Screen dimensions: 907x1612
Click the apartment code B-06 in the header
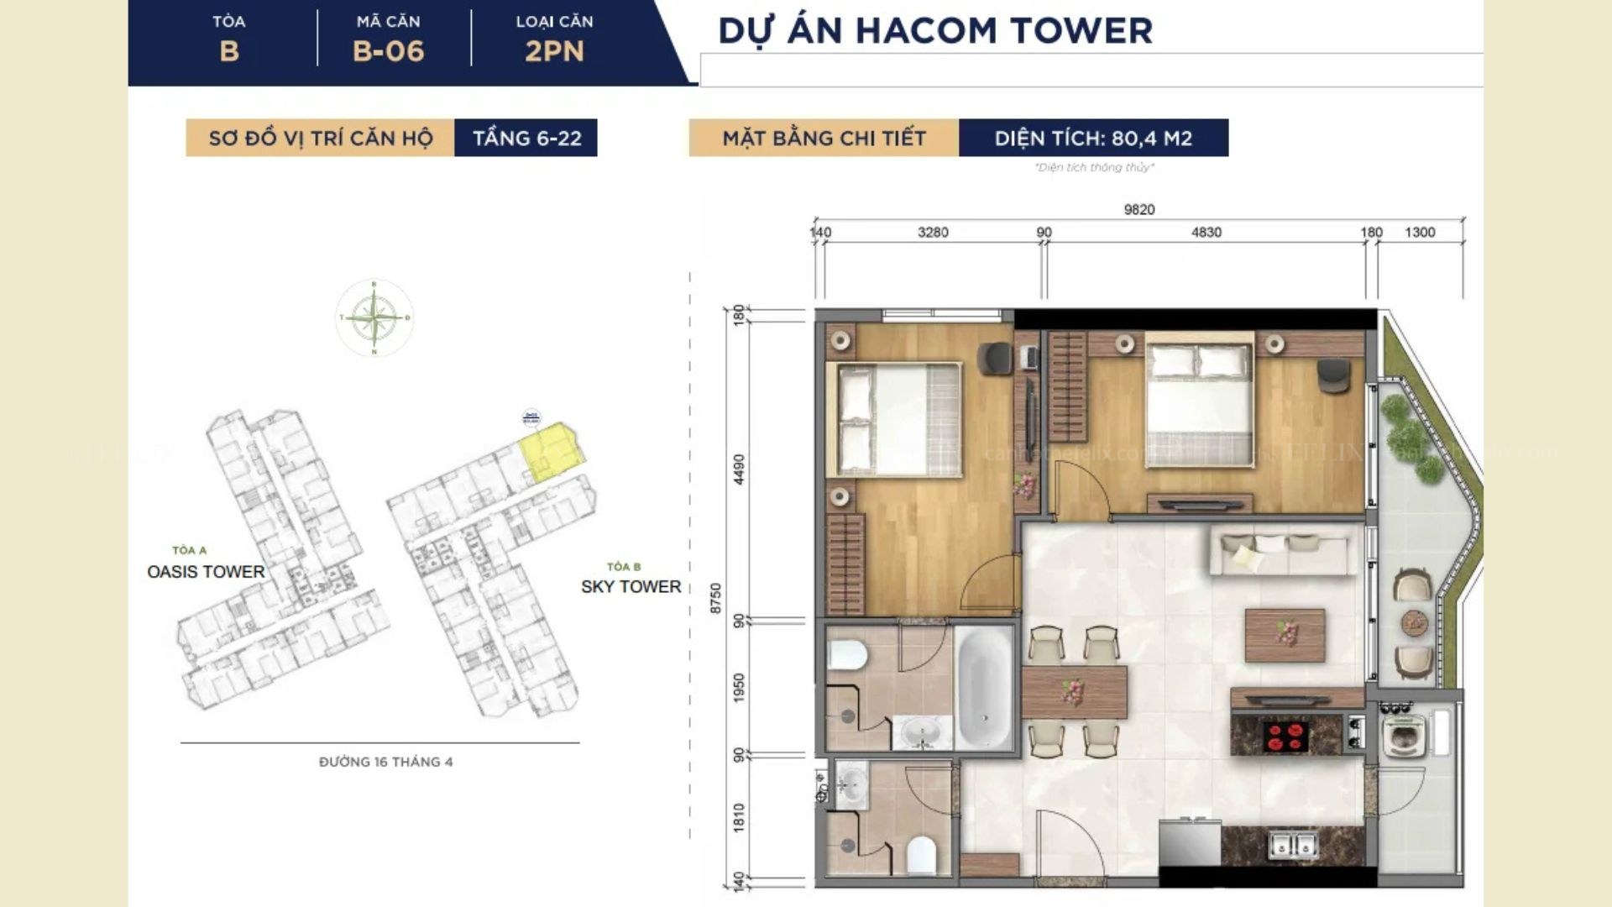388,51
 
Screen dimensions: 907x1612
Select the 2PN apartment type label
554,51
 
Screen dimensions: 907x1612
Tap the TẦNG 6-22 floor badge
526,138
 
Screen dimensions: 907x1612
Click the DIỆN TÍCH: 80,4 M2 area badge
1093,138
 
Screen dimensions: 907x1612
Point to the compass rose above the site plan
374,318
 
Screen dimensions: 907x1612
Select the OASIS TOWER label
206,572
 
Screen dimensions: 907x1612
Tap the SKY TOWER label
631,587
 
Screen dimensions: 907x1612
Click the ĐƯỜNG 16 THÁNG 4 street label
385,762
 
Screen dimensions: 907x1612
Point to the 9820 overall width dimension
1139,209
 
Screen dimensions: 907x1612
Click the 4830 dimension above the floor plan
1206,232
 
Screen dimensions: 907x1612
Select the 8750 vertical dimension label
716,598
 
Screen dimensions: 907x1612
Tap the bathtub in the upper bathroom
984,688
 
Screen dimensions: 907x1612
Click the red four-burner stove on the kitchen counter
1285,736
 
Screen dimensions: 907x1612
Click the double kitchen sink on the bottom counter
1294,844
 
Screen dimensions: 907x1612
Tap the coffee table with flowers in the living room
1285,635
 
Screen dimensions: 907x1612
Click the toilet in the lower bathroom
921,854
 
